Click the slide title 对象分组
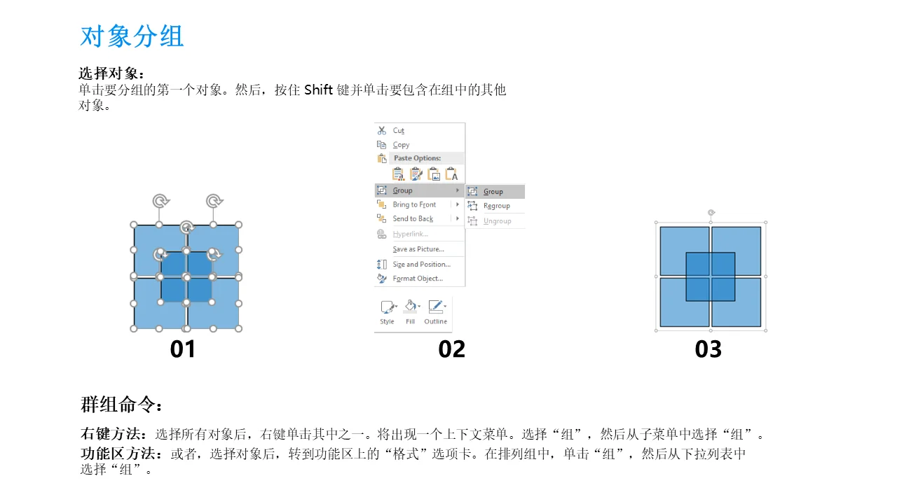[132, 36]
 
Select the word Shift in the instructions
[318, 90]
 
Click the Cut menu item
[399, 130]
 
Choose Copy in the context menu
[401, 145]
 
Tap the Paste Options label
[417, 158]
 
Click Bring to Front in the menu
[414, 204]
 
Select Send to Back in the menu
[413, 218]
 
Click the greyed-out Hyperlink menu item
[410, 234]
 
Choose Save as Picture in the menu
[418, 248]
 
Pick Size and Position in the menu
[421, 264]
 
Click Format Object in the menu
[418, 279]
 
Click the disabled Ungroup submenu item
[497, 220]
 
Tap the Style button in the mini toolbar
[388, 312]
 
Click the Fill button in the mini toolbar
[411, 312]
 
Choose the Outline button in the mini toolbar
[436, 312]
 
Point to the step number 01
[183, 349]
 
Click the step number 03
[708, 349]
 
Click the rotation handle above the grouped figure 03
[711, 212]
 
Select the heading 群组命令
[121, 405]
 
